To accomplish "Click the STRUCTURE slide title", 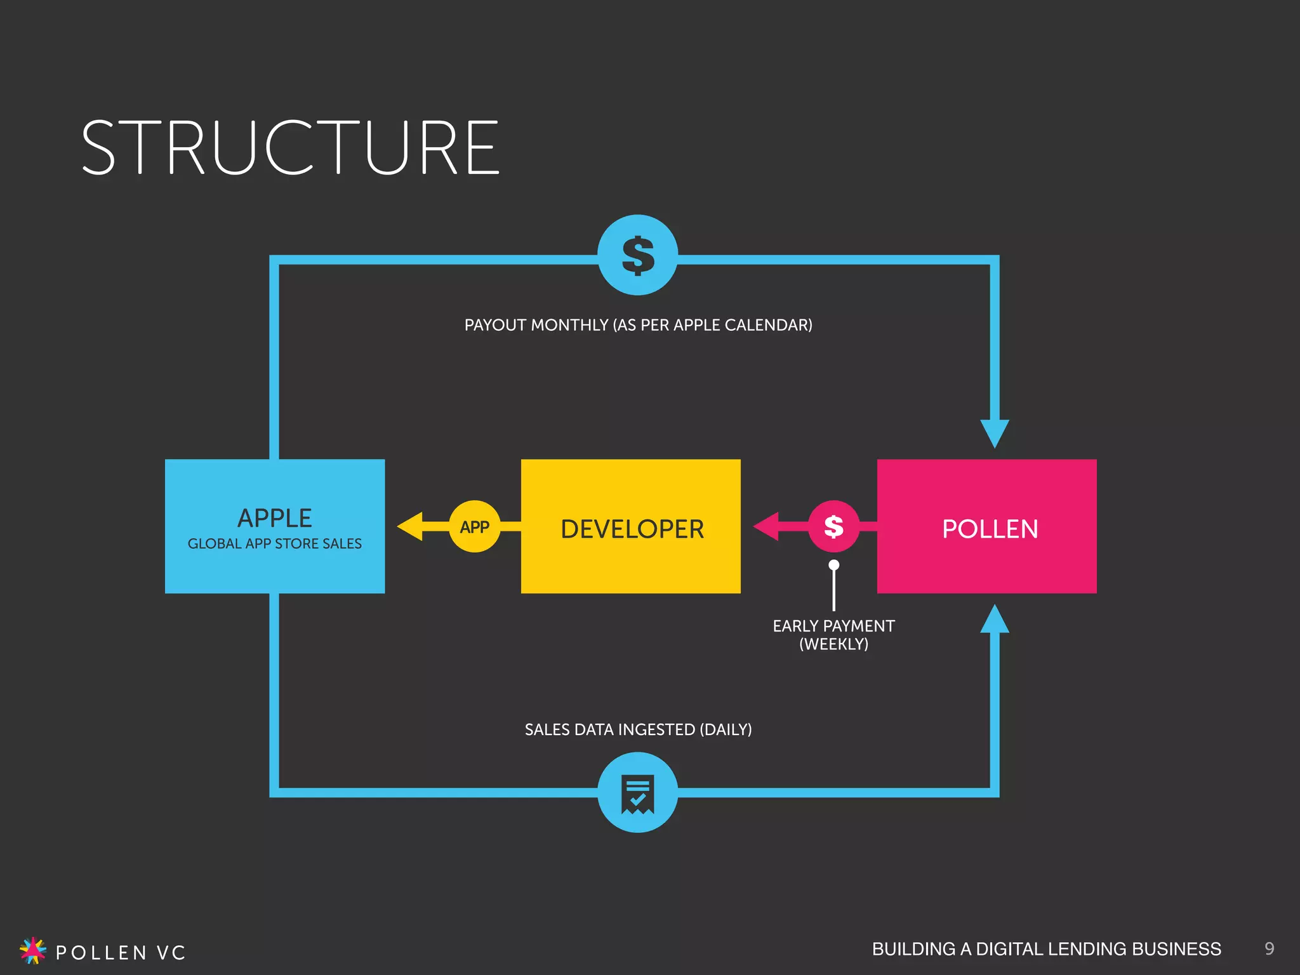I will (291, 148).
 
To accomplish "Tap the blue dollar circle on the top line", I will (637, 255).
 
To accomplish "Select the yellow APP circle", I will (474, 527).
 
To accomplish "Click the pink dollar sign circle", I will (833, 526).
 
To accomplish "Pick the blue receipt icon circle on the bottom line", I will (637, 792).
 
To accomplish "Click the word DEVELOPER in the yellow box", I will (632, 529).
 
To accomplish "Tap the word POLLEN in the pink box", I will (990, 529).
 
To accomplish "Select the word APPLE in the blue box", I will (274, 518).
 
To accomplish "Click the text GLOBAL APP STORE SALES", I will (274, 544).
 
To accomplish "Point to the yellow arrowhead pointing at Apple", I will (411, 526).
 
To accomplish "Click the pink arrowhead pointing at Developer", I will (767, 526).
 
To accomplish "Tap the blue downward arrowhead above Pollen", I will (995, 433).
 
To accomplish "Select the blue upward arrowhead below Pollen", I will (995, 620).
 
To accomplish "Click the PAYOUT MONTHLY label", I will (638, 325).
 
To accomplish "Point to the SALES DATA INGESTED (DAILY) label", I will (638, 729).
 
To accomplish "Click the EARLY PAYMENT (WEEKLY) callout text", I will (833, 635).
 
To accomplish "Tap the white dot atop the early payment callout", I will (834, 565).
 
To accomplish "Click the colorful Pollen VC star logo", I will (33, 950).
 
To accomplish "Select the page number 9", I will (1269, 948).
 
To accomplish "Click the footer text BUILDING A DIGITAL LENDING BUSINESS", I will (1046, 949).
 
